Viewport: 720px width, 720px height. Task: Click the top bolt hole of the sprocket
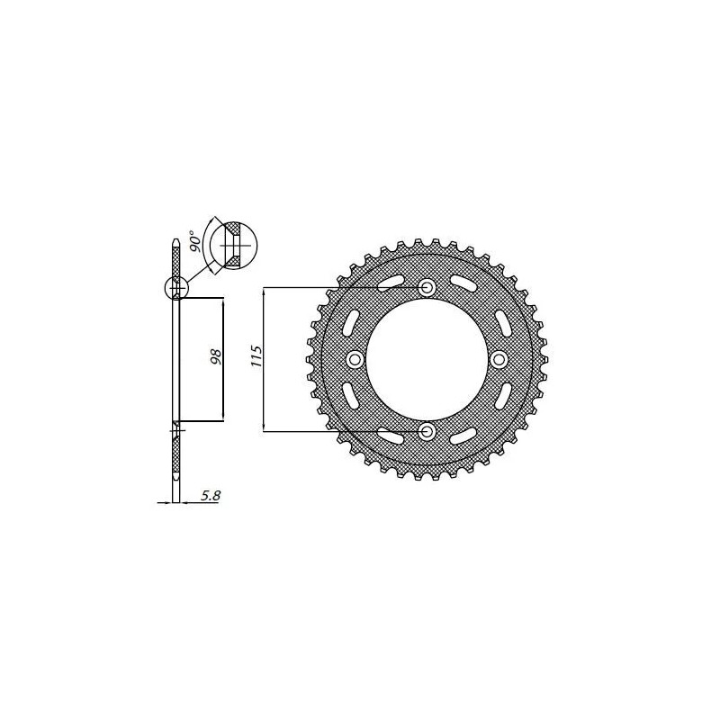point(427,287)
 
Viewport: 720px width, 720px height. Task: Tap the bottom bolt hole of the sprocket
point(427,433)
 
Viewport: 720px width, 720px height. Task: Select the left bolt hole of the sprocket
point(355,360)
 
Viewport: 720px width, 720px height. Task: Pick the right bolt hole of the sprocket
point(500,360)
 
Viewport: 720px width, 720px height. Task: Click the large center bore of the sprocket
point(427,360)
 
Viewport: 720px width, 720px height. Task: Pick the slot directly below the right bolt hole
point(504,396)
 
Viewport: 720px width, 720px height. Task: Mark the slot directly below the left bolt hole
point(351,396)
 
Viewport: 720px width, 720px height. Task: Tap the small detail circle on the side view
point(175,288)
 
